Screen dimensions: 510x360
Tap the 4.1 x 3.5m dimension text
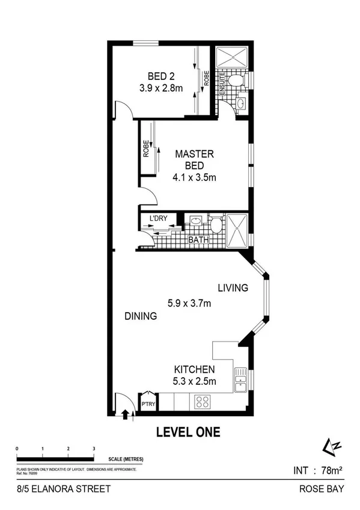(194, 177)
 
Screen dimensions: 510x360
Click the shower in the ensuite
(232, 57)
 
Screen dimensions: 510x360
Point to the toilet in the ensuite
(237, 81)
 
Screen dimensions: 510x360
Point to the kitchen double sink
(240, 380)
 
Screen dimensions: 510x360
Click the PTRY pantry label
(148, 404)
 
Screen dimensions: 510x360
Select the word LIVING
(233, 288)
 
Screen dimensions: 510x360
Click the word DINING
(141, 316)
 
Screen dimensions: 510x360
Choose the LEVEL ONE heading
(188, 432)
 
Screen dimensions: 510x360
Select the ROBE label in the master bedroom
(146, 149)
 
